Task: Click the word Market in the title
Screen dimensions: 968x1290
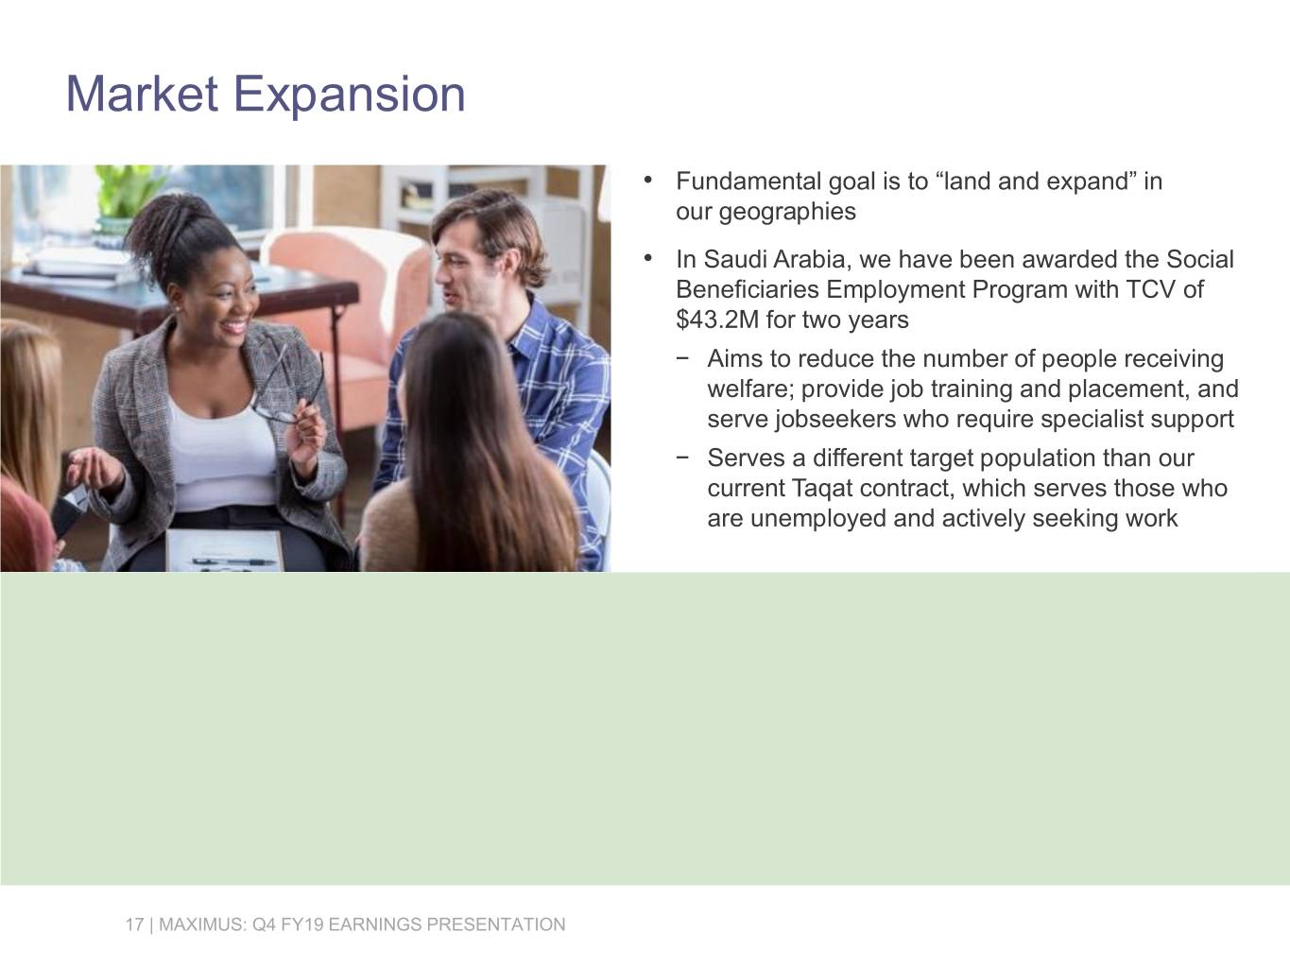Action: coord(142,95)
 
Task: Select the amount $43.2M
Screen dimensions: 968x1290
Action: coord(717,320)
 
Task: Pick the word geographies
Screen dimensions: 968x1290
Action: coord(787,212)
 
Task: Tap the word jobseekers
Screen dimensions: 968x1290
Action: coord(834,420)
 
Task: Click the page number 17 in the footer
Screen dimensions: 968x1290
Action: coord(133,925)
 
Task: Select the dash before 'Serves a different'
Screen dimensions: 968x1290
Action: coord(683,458)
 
